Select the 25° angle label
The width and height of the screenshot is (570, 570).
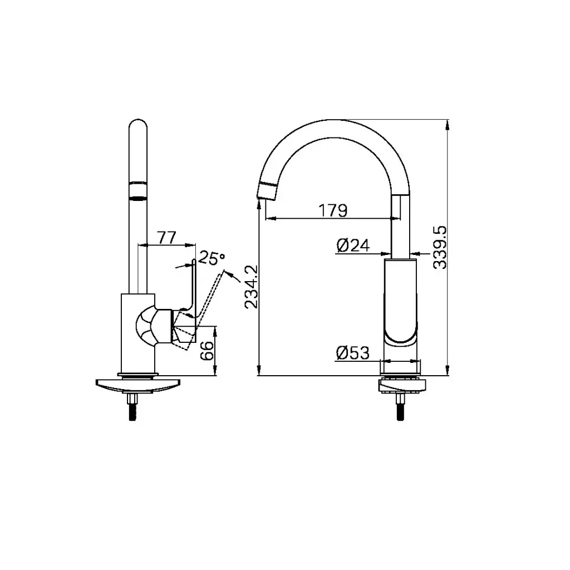[x=212, y=258]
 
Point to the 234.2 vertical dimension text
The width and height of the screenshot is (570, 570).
[x=251, y=287]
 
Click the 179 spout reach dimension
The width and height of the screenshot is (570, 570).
[x=333, y=210]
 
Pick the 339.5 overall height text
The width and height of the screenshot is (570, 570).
[x=440, y=248]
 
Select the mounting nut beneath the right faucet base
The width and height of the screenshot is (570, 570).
[x=401, y=385]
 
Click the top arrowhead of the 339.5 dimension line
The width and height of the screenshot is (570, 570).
[x=448, y=124]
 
